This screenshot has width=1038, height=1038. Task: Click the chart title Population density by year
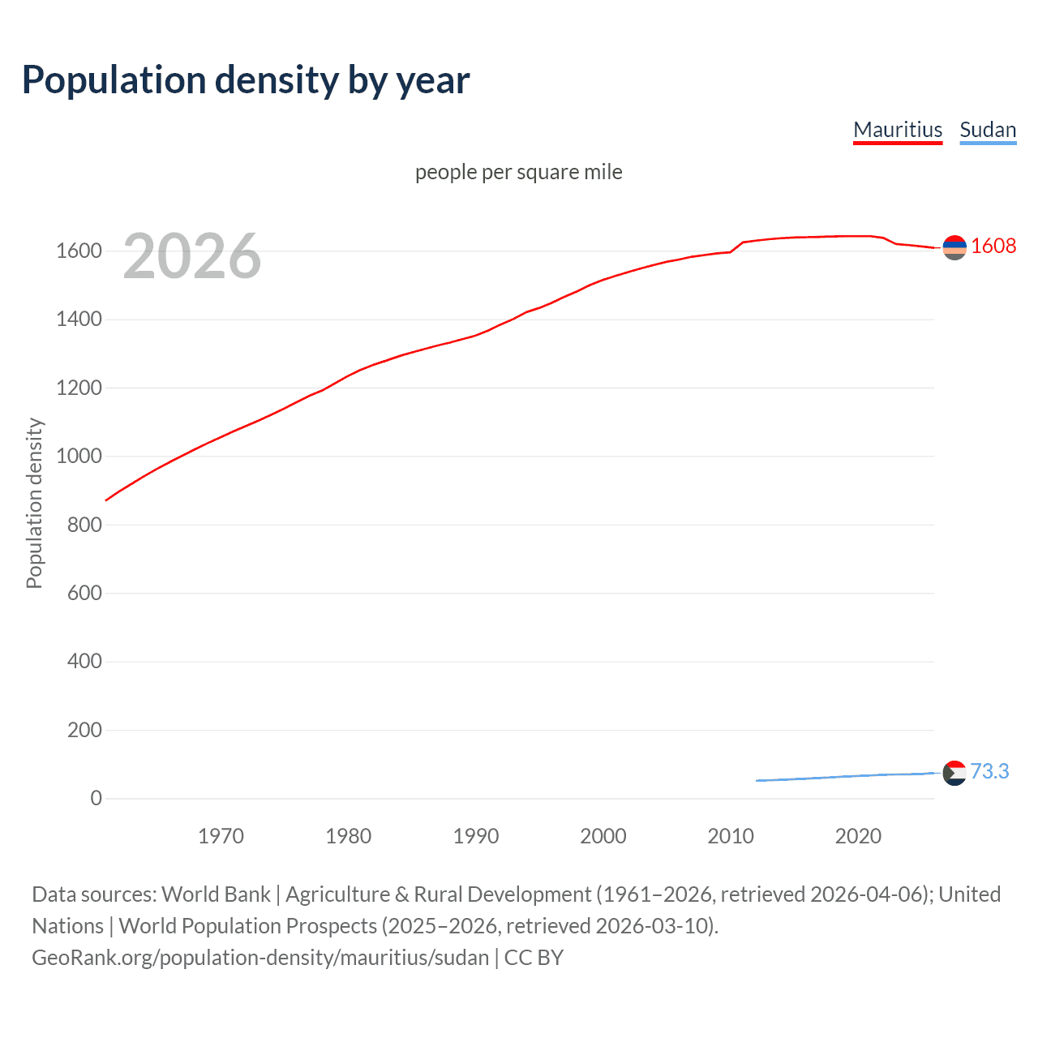click(x=246, y=79)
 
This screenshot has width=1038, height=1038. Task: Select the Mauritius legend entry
click(x=898, y=130)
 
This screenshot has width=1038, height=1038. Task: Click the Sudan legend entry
click(x=988, y=130)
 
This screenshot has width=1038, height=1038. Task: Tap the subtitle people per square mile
click(x=519, y=172)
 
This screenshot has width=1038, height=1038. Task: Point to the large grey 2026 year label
click(x=192, y=256)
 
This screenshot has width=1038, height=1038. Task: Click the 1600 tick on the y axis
click(x=79, y=251)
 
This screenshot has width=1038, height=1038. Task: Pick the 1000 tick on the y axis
click(x=79, y=456)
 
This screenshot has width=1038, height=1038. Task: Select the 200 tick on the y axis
click(x=84, y=730)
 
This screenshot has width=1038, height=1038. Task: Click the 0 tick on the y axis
click(x=97, y=798)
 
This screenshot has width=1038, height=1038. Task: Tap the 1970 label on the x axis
click(x=221, y=836)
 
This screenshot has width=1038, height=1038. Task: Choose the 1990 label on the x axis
click(x=476, y=836)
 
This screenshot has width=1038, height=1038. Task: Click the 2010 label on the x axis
click(x=731, y=836)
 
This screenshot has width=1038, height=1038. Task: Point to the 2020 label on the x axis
click(x=858, y=836)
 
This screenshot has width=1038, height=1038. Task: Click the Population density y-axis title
click(x=34, y=503)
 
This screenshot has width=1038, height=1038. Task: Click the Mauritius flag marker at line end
click(x=954, y=247)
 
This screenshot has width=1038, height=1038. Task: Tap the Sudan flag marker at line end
click(x=954, y=773)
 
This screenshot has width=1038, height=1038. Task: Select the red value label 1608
click(x=993, y=246)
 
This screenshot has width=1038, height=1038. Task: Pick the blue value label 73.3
click(x=989, y=771)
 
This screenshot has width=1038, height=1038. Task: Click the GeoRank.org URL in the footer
click(x=260, y=958)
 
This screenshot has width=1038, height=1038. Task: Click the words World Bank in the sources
click(x=216, y=894)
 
